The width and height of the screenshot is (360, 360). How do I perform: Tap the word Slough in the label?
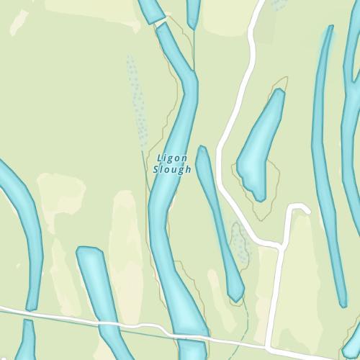click(x=172, y=170)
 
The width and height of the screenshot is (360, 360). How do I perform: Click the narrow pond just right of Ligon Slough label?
click(x=217, y=216)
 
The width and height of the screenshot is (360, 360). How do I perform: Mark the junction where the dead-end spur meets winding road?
click(x=282, y=246)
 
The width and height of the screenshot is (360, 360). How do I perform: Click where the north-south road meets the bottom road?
click(x=269, y=344)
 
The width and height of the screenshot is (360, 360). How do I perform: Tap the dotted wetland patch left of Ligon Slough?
click(x=136, y=97)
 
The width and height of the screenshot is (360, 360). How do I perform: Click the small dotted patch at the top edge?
click(x=279, y=4)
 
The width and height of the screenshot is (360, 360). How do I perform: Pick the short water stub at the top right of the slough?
click(x=193, y=10)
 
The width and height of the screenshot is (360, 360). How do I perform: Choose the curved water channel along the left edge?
click(x=25, y=230)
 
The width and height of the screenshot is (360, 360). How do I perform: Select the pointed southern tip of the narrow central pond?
click(x=238, y=297)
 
